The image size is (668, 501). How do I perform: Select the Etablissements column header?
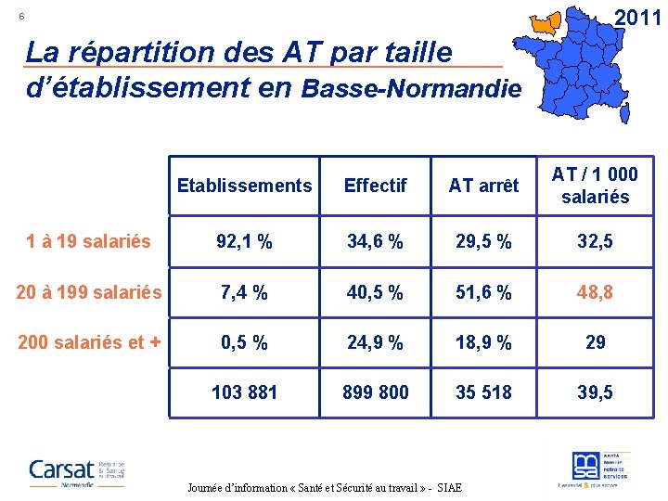click(244, 186)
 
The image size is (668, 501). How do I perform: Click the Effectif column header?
click(375, 186)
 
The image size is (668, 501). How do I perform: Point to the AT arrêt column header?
click(483, 186)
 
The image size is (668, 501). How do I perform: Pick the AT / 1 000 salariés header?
click(595, 186)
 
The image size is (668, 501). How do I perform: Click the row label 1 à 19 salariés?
click(89, 242)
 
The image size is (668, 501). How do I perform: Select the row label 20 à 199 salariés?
click(89, 292)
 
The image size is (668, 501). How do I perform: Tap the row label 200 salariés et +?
click(89, 342)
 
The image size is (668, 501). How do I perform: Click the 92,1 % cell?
click(244, 243)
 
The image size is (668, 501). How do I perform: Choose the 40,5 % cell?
click(375, 293)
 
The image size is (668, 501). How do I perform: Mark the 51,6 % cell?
click(483, 293)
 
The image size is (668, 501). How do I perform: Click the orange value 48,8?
click(595, 293)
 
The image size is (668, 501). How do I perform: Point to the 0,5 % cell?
click(244, 342)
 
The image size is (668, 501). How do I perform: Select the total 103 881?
click(244, 392)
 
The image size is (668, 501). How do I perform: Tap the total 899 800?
click(375, 392)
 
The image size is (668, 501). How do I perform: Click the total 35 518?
click(483, 392)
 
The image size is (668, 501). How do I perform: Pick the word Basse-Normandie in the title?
click(411, 89)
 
